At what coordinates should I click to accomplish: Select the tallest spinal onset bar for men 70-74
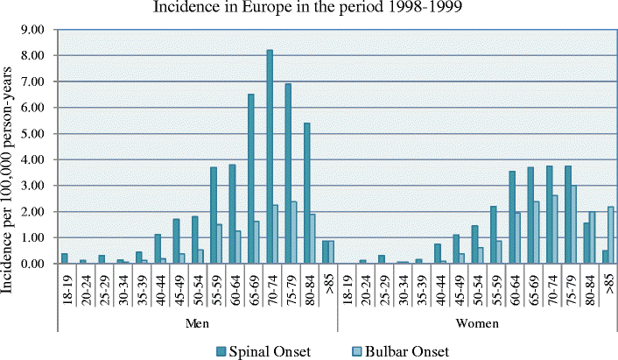coord(270,157)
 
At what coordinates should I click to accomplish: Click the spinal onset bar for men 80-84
coord(306,194)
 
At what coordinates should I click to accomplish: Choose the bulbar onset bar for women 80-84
coord(591,237)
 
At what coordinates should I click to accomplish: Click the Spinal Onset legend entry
coord(260,350)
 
